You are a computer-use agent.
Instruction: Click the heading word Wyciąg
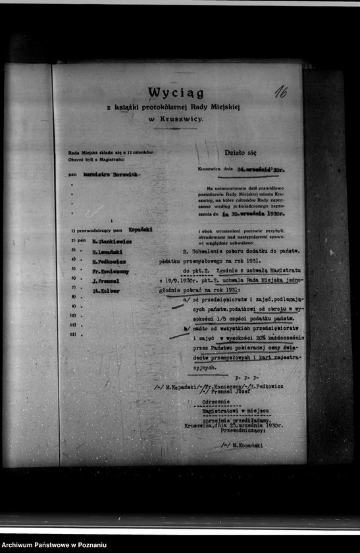[175, 93]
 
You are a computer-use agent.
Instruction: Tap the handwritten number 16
[280, 92]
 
